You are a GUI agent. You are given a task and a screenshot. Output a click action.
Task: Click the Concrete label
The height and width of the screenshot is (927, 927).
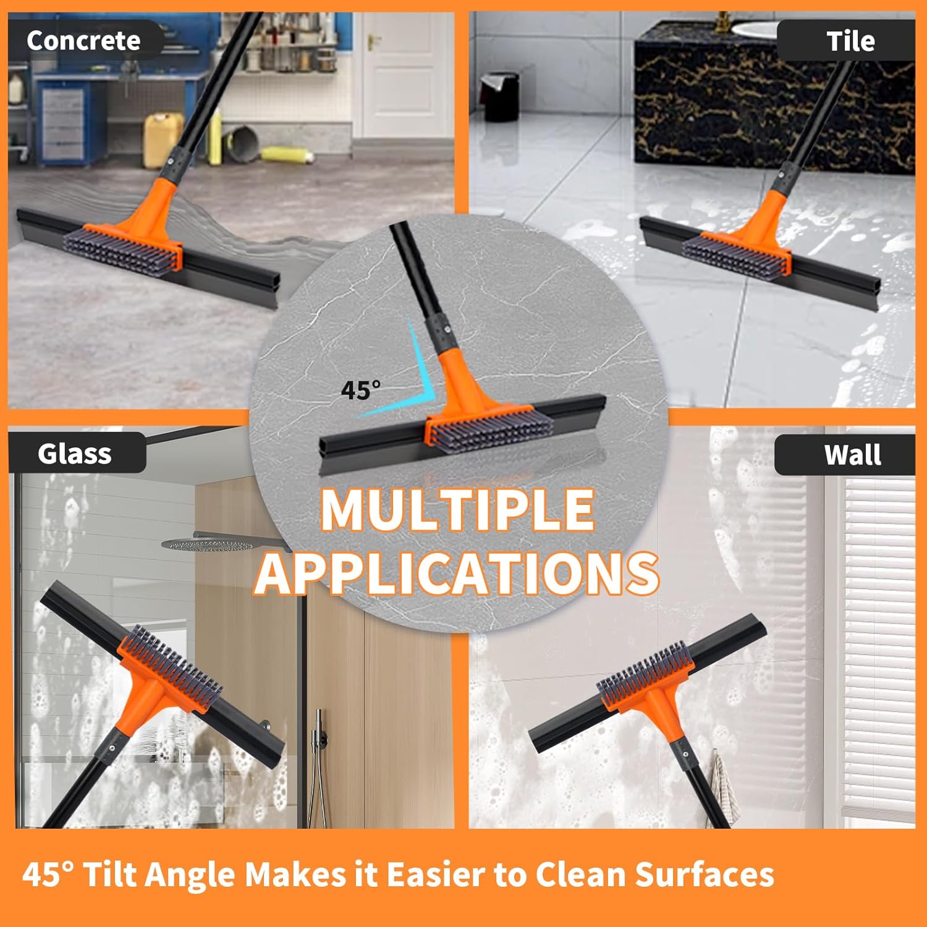pyautogui.click(x=83, y=41)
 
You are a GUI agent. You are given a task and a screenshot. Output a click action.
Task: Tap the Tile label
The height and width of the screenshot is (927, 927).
pyautogui.click(x=850, y=41)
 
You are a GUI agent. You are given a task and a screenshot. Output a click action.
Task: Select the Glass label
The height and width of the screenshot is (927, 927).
pyautogui.click(x=75, y=454)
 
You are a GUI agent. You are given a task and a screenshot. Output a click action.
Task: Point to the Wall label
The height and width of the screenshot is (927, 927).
pyautogui.click(x=853, y=455)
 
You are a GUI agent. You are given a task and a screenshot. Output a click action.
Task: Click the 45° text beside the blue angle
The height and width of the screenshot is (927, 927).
pyautogui.click(x=360, y=390)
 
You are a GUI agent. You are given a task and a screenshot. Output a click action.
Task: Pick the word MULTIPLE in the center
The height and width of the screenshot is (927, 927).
pyautogui.click(x=457, y=510)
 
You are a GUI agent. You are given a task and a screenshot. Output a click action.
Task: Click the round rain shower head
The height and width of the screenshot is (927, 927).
pyautogui.click(x=207, y=544)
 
